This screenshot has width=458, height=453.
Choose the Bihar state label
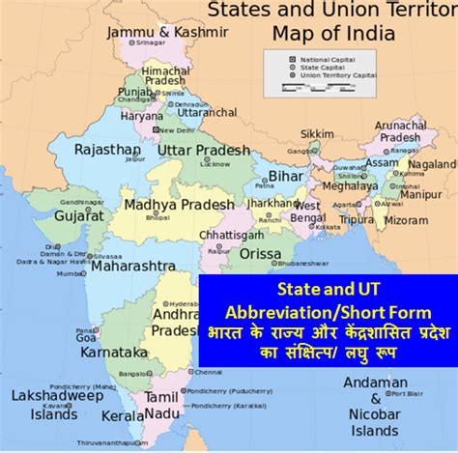point(285,177)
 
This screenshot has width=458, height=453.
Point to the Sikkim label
point(318,132)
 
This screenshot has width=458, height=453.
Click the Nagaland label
point(432,164)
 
